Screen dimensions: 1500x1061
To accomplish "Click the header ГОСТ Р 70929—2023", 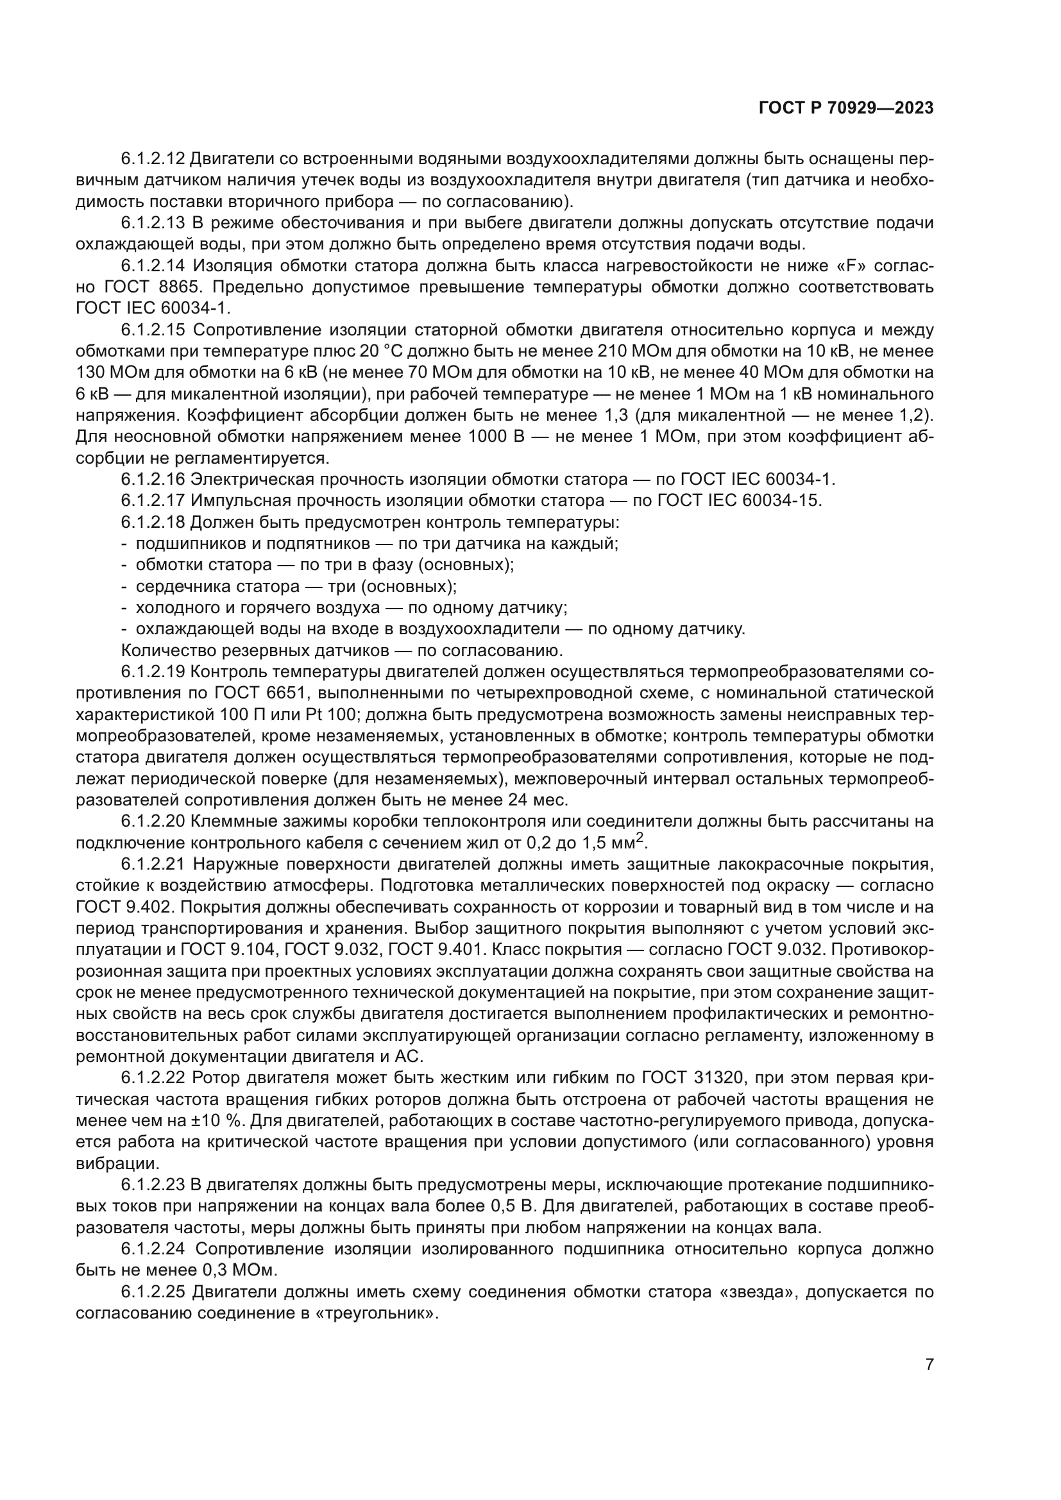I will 846,108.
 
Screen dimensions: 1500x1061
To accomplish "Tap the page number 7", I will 929,1401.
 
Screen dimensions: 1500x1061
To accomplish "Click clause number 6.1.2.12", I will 153,159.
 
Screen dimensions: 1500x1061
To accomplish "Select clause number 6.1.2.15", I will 153,330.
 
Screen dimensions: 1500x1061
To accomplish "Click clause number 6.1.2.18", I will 153,523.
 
